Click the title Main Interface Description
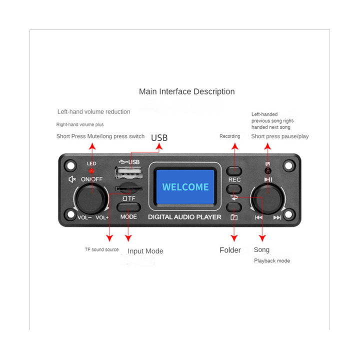click(x=186, y=91)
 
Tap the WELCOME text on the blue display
click(x=185, y=187)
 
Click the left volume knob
click(x=91, y=198)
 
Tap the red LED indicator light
click(x=91, y=171)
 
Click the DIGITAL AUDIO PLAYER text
click(x=184, y=217)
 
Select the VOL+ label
click(x=102, y=217)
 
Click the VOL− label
click(x=84, y=217)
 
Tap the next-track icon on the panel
click(x=277, y=217)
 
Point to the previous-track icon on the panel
click(x=258, y=217)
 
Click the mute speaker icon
click(x=72, y=179)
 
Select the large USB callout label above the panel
click(x=159, y=138)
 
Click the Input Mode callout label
click(x=145, y=251)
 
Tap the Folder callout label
click(x=230, y=250)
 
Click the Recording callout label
click(x=229, y=136)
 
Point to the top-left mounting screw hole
click(x=70, y=164)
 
